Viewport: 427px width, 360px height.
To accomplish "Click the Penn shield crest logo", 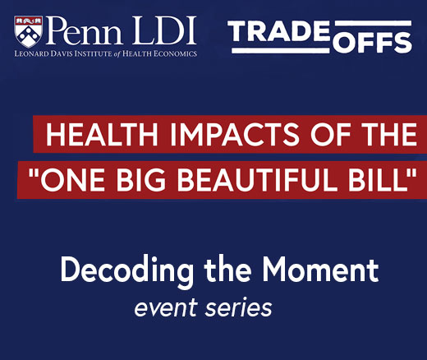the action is coord(29,31).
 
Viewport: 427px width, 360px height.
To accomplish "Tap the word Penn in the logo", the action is coord(85,30).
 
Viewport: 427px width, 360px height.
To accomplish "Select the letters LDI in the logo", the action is coord(165,30).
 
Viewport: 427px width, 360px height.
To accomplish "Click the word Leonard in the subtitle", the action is coord(31,53).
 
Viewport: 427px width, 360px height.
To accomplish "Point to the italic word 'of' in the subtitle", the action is coord(117,53).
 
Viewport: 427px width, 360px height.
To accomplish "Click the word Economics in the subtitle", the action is coord(175,53).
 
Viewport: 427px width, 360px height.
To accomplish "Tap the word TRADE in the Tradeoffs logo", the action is coord(278,31).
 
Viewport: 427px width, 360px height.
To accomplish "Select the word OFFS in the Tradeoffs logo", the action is coord(372,43).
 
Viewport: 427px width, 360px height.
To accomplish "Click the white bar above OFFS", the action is coord(373,24).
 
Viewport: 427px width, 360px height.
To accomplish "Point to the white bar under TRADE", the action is coord(281,51).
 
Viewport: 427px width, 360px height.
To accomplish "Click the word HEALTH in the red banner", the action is coord(102,135).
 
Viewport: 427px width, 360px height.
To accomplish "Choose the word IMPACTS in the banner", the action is coord(235,135).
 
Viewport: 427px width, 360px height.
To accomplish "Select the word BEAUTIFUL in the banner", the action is coord(257,180).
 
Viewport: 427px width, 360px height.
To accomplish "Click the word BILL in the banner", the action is coord(378,180).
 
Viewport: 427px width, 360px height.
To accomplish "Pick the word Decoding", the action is coord(126,270).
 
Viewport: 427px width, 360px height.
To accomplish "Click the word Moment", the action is coord(320,270).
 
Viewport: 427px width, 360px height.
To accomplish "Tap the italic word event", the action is coord(166,307).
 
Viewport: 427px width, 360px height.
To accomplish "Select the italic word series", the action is coord(239,307).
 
